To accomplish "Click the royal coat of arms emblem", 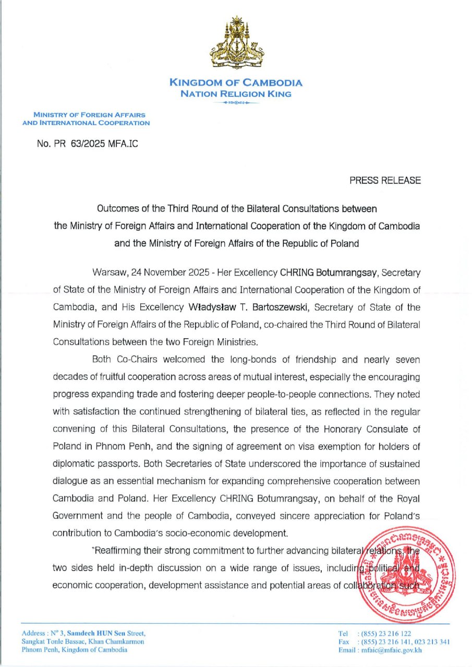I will (x=236, y=43).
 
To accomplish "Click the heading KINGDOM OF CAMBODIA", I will (x=236, y=83).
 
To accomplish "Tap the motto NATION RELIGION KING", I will (x=236, y=94).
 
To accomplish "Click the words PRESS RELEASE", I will (x=385, y=181).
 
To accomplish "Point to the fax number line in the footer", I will (x=395, y=642).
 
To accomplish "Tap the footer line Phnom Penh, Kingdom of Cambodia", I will (x=75, y=650).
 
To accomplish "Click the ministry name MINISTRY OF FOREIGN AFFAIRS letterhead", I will (x=89, y=115).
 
